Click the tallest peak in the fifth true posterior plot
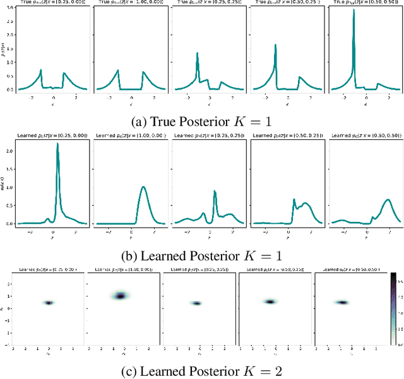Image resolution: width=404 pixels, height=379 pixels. pyautogui.click(x=353, y=11)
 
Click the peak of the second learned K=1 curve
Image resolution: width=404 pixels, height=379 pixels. pyautogui.click(x=143, y=187)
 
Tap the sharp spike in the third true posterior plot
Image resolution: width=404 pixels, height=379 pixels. pyautogui.click(x=198, y=54)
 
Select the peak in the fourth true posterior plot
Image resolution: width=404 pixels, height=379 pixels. pyautogui.click(x=275, y=45)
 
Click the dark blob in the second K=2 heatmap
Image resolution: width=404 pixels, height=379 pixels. pyautogui.click(x=119, y=295)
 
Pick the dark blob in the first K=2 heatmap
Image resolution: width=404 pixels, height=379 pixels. pyautogui.click(x=49, y=303)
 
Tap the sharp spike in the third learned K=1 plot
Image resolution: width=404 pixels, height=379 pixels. pyautogui.click(x=215, y=191)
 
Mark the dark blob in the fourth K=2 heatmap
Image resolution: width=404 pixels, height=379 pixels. pyautogui.click(x=270, y=301)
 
